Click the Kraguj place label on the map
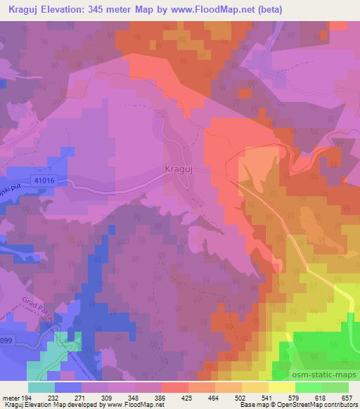pyautogui.click(x=178, y=169)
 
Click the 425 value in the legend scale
pyautogui.click(x=174, y=397)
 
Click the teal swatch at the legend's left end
pyautogui.click(x=41, y=387)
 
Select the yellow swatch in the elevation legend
pyautogui.click(x=282, y=387)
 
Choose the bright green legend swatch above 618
pyautogui.click(x=309, y=387)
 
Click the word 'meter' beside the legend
pyautogui.click(x=10, y=397)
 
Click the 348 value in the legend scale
pyautogui.click(x=120, y=397)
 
